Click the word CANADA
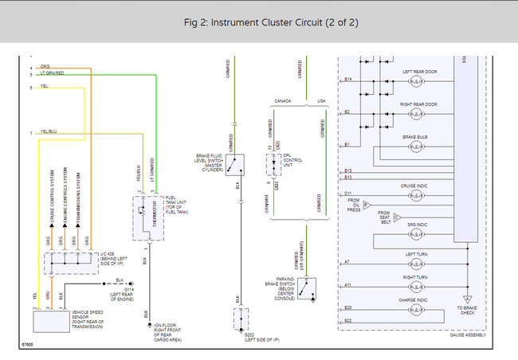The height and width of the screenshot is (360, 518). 283,101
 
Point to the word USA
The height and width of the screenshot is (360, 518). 322,101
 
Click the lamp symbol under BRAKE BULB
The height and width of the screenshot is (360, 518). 416,146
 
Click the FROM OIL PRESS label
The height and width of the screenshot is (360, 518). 353,205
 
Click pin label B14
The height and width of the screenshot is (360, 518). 347,79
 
